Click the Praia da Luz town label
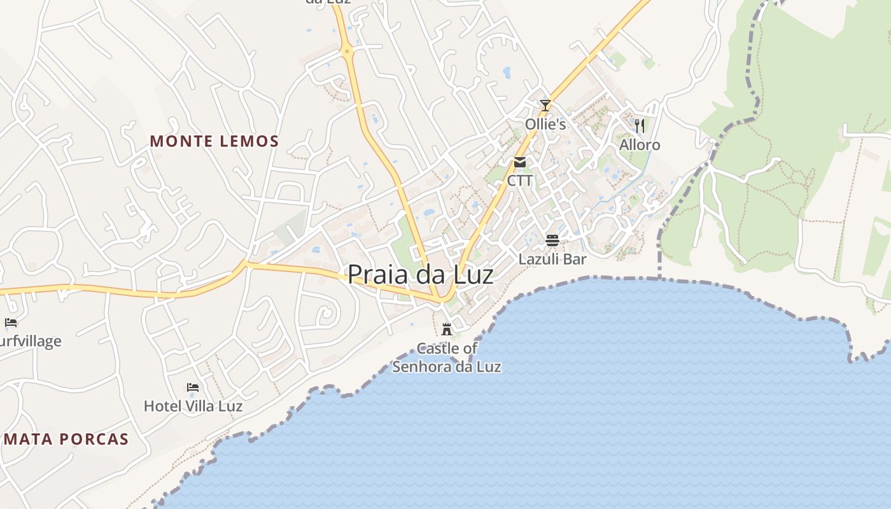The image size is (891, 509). (420, 274)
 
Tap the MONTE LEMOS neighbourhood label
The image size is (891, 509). (214, 141)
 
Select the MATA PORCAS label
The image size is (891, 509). (66, 439)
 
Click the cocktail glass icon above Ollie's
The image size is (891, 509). (545, 105)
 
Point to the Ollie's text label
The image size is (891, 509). (545, 124)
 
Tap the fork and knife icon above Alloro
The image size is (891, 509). (640, 126)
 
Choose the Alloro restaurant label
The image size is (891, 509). (640, 145)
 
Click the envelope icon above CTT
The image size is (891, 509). (520, 162)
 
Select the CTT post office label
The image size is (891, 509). (520, 181)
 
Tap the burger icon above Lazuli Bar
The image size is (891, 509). (552, 241)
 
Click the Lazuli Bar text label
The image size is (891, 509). (552, 260)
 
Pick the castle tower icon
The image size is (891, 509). (447, 329)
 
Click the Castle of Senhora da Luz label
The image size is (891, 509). (447, 358)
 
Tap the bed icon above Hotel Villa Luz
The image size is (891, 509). (193, 387)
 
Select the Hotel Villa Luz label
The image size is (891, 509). (193, 406)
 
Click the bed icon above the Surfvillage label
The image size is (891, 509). (10, 322)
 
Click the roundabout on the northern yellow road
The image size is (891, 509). (347, 51)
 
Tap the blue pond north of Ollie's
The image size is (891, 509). (507, 73)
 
